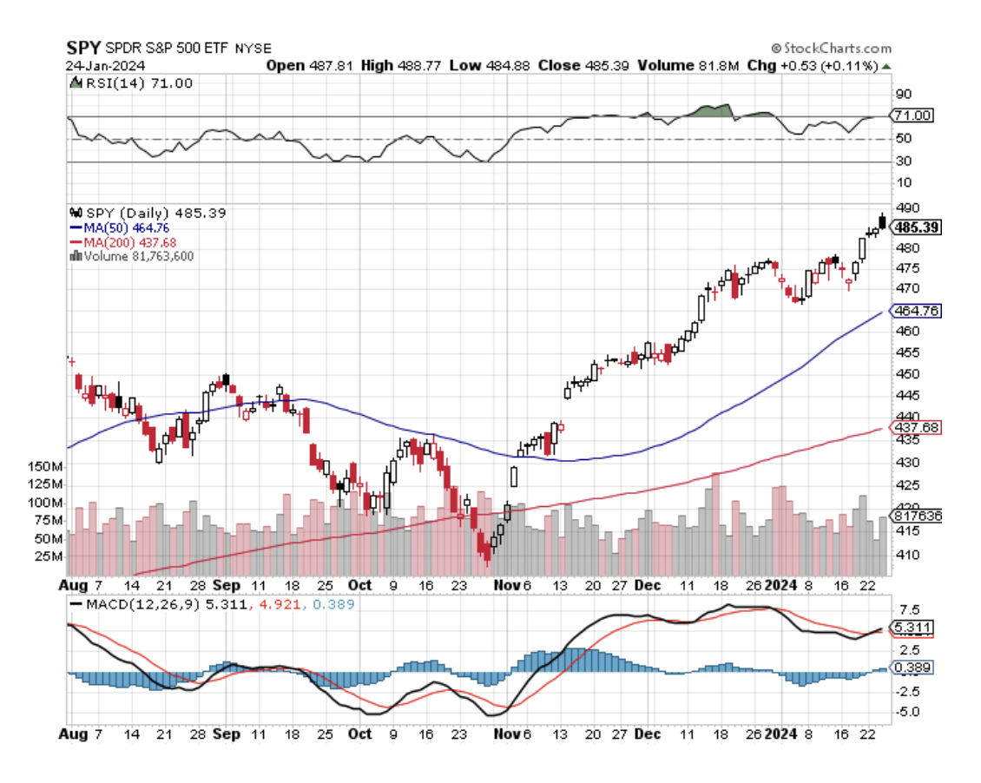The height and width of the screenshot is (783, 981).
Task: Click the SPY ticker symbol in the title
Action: [84, 48]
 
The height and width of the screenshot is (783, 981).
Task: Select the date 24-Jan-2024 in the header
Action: [105, 65]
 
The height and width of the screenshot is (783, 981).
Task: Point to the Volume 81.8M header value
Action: [688, 65]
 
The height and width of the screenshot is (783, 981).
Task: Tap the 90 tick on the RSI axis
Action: [904, 94]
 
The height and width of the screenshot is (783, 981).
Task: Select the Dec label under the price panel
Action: [648, 586]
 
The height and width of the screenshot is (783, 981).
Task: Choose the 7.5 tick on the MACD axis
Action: [906, 609]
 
